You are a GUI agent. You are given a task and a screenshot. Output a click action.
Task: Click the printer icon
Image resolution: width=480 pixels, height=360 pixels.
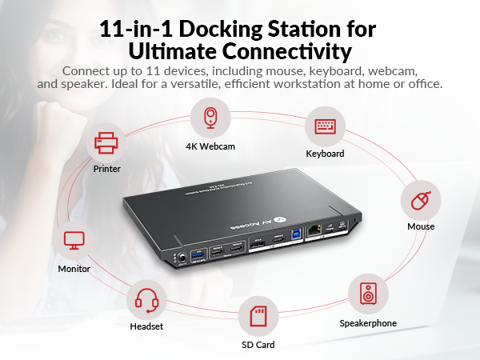[x=106, y=144]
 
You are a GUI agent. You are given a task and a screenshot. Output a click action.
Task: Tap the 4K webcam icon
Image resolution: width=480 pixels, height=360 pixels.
[x=210, y=118]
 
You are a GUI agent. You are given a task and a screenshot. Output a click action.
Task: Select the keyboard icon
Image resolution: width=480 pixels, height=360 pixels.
[x=325, y=127]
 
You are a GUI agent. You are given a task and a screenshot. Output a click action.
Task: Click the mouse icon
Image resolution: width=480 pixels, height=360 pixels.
[x=420, y=201]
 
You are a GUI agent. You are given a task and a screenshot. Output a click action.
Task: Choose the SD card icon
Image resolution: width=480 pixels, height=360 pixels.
[x=258, y=316]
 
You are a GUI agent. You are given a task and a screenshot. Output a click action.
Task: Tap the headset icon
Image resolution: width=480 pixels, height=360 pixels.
[x=146, y=300]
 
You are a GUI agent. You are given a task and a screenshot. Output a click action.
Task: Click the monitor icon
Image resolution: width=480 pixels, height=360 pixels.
[x=74, y=240]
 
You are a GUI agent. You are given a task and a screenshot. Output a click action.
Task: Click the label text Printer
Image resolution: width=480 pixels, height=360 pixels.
[x=106, y=170]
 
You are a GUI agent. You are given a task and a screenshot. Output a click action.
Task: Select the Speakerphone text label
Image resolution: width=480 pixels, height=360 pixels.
[x=369, y=323]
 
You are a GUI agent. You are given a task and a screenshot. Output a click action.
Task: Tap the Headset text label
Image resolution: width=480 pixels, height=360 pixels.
[x=146, y=326]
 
